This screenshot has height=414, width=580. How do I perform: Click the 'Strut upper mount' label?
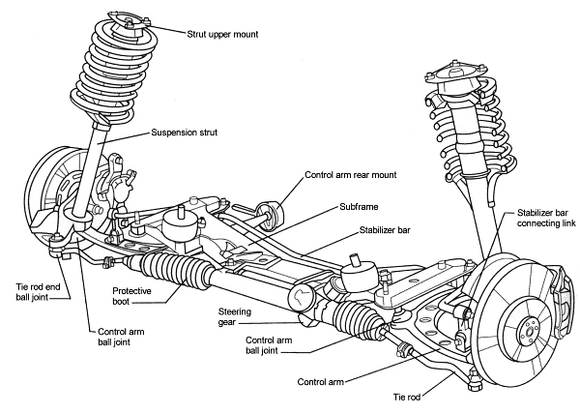coord(231,32)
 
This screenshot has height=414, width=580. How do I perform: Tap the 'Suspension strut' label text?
coord(188,133)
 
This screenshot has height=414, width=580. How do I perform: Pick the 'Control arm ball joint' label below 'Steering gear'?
coord(276,346)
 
